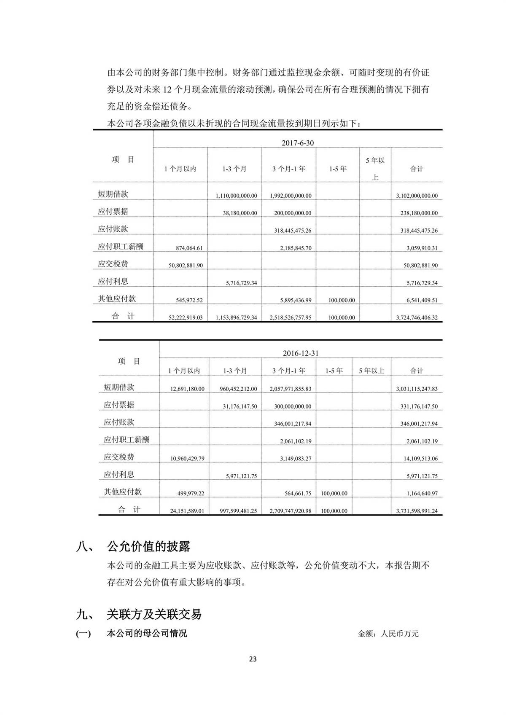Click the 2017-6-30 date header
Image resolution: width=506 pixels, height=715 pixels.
pos(298,143)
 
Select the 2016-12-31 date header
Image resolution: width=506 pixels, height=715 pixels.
pos(300,353)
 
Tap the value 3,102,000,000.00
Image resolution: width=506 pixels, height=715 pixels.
pos(417,196)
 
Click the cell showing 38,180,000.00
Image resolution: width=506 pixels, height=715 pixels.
pos(240,213)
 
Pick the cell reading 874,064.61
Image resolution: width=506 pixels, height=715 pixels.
pos(189,248)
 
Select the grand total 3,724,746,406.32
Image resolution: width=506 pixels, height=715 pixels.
pos(417,317)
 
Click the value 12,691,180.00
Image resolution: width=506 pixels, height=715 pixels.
pos(187,389)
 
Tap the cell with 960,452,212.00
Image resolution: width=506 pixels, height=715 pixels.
pos(238,389)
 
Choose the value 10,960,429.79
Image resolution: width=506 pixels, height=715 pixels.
pos(187,458)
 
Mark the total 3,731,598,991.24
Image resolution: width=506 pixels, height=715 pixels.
pos(417,511)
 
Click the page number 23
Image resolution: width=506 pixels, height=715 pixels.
pos(253,659)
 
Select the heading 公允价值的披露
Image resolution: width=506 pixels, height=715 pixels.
pos(148,546)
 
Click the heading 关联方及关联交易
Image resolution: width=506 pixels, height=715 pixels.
pos(154,614)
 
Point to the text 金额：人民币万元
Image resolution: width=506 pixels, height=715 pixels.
pos(388,634)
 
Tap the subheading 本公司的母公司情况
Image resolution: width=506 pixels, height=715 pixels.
pos(147,634)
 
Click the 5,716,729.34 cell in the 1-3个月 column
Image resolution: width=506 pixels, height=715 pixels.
pos(241,283)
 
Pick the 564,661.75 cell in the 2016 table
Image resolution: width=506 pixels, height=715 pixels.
pos(298,493)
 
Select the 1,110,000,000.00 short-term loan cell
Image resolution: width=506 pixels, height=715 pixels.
pos(236,196)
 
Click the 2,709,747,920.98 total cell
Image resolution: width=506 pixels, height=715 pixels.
pos(290,511)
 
